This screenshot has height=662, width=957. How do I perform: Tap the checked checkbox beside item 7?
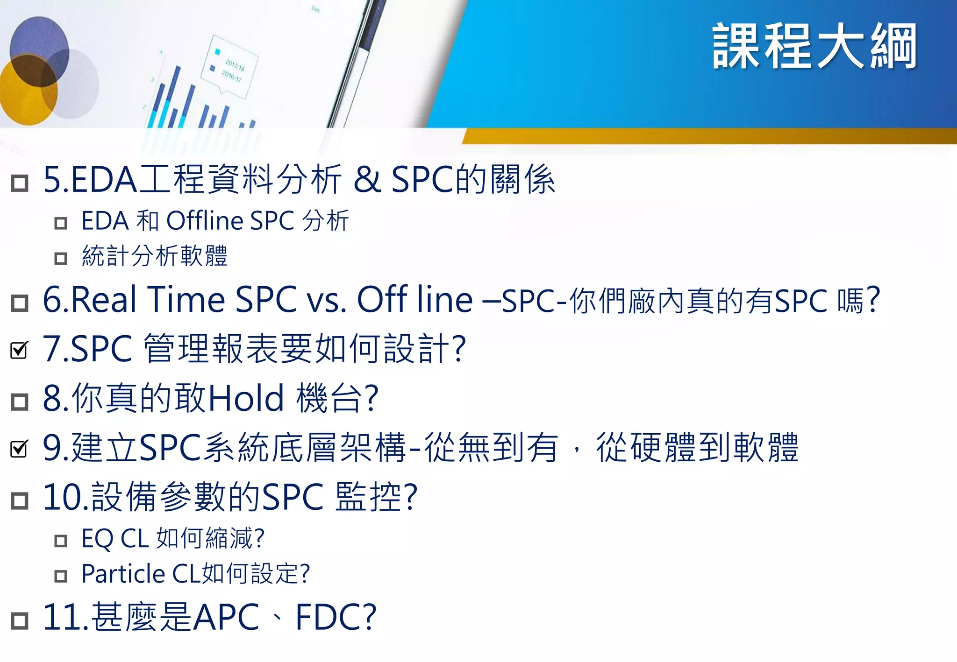(x=19, y=350)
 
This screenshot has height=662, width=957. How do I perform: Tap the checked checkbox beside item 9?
(x=19, y=449)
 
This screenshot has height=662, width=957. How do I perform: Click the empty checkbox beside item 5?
(x=20, y=183)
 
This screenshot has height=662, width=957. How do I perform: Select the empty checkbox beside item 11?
(x=20, y=620)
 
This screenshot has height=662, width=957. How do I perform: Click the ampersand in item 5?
(x=367, y=180)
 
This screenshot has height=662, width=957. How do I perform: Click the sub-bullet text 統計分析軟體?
(x=155, y=256)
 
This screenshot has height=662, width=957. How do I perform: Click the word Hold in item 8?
(x=246, y=399)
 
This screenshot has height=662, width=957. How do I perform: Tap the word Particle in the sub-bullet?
(x=123, y=574)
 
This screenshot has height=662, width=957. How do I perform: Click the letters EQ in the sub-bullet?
(x=97, y=539)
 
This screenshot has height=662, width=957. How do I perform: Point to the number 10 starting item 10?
(x=62, y=498)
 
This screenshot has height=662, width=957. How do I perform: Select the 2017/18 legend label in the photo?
(x=235, y=65)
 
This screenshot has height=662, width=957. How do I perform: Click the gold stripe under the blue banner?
(x=701, y=136)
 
